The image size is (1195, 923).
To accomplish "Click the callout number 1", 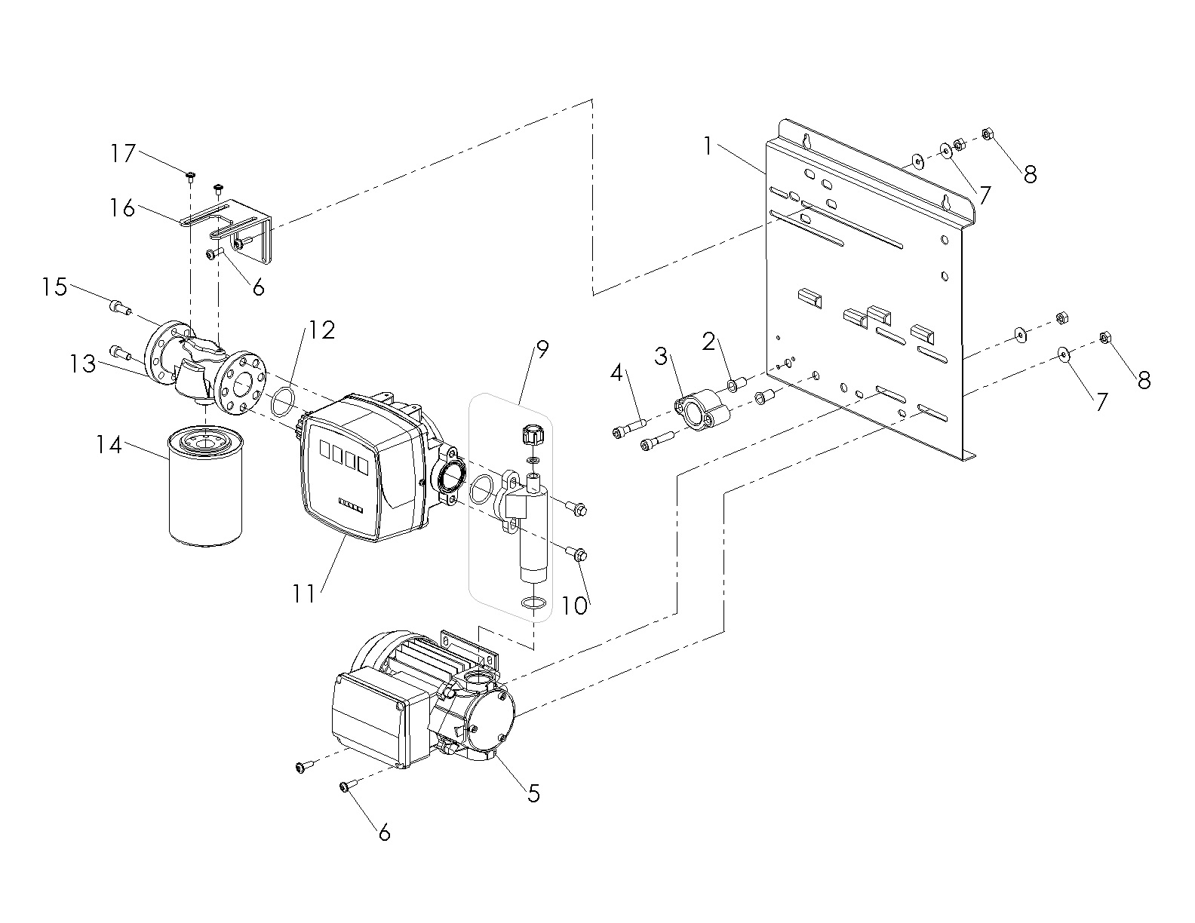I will point(707,146).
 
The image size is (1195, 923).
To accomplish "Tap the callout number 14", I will point(109,445).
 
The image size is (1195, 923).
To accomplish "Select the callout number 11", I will point(304,593).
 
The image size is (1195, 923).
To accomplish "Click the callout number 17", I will point(122,154).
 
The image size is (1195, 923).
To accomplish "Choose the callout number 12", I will point(322,330).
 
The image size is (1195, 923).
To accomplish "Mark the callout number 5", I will point(533,793).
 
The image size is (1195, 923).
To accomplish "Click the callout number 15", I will point(54,287).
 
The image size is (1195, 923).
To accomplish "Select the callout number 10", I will point(575,606).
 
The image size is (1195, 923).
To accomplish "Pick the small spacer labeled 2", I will point(733,386).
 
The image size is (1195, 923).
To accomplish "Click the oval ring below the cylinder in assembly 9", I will point(533,603).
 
